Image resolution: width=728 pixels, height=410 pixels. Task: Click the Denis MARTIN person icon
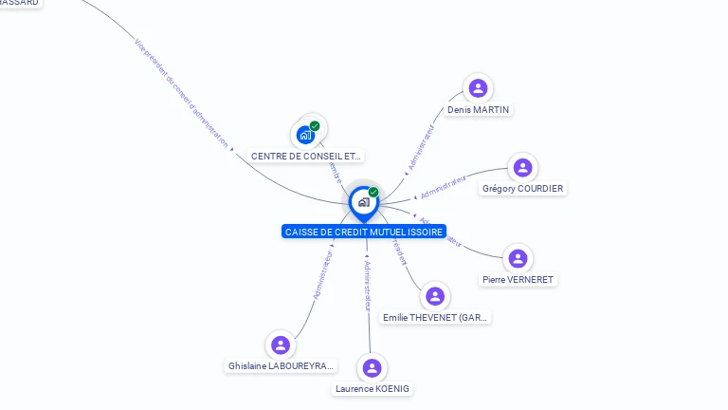coord(478,88)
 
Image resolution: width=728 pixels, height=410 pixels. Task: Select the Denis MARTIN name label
coord(478,110)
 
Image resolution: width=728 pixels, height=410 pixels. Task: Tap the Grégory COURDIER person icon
coord(522,168)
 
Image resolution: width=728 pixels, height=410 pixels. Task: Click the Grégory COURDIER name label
coord(522,189)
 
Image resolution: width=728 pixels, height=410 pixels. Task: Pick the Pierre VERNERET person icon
coord(518,258)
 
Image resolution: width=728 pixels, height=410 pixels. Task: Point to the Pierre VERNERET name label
coord(518,280)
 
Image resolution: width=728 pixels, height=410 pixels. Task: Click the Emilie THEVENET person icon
coord(435,296)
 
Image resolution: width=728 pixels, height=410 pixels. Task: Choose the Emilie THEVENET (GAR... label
coord(436,317)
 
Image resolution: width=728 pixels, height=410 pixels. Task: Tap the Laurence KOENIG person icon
coord(373,367)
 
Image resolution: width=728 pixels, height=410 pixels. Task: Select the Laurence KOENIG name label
coord(373,389)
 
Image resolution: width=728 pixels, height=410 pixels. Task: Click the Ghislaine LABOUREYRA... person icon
coord(280,345)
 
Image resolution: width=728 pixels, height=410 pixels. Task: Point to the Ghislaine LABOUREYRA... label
coord(282,366)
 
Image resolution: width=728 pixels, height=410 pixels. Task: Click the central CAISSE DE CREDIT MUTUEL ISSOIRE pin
coord(363,202)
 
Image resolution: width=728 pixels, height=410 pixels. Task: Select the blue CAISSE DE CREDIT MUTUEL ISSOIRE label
coord(364,232)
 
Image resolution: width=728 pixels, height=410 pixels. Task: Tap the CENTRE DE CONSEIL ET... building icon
coord(305,135)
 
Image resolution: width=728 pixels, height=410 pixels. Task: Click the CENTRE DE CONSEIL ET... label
coord(306,156)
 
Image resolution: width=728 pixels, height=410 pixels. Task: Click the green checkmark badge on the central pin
coord(373,192)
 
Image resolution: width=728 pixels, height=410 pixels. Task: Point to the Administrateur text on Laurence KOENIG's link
coord(368,285)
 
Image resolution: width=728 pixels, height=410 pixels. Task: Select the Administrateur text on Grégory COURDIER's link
coord(443,186)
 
